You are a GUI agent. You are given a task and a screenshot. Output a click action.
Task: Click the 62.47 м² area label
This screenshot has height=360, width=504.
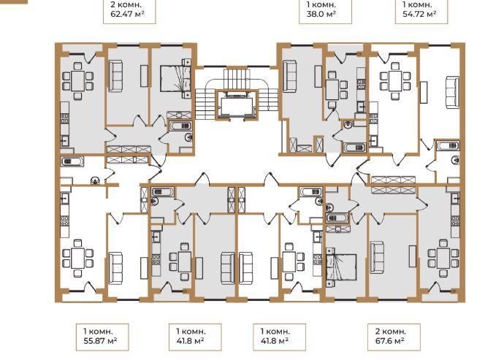(127, 14)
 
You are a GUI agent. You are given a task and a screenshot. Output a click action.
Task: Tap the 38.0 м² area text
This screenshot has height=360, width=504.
(321, 14)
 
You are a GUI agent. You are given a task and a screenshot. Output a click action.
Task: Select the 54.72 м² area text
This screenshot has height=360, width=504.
(419, 14)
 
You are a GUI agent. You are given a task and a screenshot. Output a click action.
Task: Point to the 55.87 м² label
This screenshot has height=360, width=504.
(100, 340)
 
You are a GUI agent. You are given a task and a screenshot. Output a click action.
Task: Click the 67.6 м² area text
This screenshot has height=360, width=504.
(389, 340)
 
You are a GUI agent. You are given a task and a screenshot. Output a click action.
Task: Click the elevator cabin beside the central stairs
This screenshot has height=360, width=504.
(237, 105)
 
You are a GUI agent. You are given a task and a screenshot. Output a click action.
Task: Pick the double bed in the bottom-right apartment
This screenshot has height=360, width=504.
(341, 267)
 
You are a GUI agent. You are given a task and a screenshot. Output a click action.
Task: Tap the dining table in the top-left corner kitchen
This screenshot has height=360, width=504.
(77, 80)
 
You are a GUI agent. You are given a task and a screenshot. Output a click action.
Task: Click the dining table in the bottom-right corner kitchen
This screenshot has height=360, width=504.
(443, 258)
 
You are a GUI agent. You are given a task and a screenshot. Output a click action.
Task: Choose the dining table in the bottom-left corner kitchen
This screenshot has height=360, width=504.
(77, 258)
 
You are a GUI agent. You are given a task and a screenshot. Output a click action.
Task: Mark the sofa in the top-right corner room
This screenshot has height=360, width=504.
(452, 92)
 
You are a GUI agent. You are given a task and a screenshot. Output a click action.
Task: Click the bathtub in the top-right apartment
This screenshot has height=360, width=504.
(448, 145)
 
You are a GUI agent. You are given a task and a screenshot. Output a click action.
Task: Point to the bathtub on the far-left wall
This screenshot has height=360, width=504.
(72, 161)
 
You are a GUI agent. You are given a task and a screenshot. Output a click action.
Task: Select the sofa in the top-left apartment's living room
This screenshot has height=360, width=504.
(115, 76)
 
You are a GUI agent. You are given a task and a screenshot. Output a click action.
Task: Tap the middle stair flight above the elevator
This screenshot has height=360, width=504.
(237, 77)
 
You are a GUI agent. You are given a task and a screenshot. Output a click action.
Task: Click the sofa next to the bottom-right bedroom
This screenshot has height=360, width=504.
(377, 257)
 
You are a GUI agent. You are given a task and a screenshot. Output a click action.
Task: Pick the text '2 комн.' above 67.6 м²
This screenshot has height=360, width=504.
(391, 331)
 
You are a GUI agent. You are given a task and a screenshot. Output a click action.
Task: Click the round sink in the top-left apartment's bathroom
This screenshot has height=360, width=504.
(188, 137)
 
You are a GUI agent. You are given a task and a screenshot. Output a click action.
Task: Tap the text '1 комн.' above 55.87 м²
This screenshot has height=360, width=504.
(98, 331)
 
